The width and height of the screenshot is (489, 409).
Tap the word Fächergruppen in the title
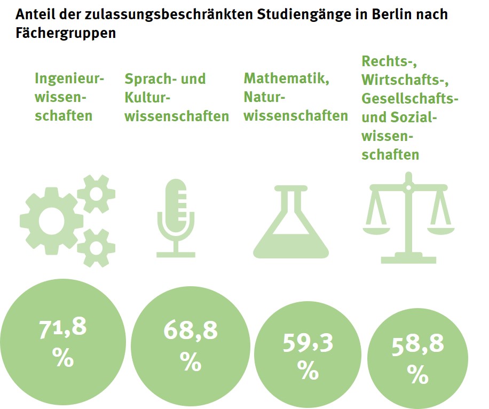click(66, 33)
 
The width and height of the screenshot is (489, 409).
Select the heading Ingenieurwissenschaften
click(69, 97)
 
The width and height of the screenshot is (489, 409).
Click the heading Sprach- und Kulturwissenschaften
click(176, 97)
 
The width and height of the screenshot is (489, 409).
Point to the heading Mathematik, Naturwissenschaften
click(296, 97)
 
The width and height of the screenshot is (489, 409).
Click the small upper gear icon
click(96, 193)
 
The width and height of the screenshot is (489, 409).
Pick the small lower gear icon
click(96, 247)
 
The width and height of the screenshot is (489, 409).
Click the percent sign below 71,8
click(63, 358)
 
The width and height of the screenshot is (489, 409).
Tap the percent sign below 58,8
click(417, 374)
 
